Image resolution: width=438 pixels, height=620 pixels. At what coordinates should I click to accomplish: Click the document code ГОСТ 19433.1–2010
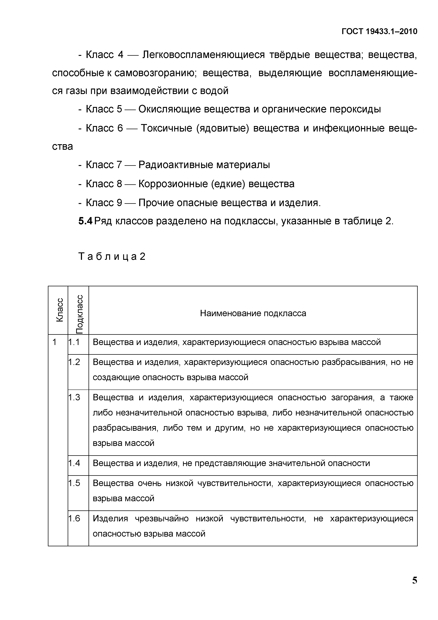(x=379, y=32)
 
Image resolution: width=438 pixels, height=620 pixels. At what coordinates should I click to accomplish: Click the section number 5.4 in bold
(x=85, y=221)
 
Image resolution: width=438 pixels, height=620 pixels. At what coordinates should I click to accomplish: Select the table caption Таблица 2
(x=112, y=256)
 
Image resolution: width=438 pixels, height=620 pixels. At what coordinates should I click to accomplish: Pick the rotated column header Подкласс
(x=79, y=314)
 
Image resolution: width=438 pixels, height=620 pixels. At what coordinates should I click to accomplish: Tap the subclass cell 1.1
(x=74, y=342)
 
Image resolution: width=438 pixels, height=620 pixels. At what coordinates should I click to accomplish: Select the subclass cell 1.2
(x=74, y=362)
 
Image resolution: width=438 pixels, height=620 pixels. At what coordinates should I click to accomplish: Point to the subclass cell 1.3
(x=74, y=397)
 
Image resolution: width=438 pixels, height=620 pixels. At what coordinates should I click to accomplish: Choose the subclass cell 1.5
(x=74, y=483)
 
